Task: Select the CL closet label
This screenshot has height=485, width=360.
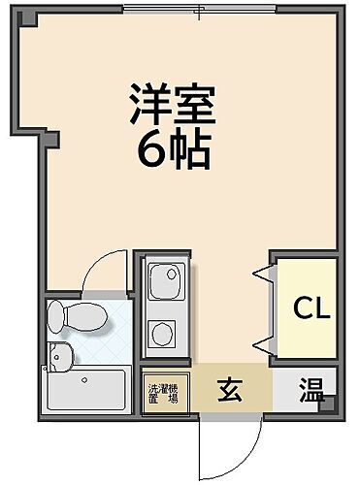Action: pos(312,308)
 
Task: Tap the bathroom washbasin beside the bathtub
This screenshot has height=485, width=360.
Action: pos(60,357)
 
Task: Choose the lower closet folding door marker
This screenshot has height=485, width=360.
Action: pos(261,342)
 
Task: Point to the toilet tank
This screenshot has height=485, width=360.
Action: pos(54,315)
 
